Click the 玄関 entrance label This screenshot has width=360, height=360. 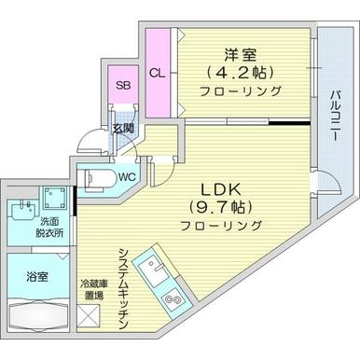click(122, 130)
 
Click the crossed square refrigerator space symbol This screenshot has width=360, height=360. click(93, 317)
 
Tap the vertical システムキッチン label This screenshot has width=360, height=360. click(122, 279)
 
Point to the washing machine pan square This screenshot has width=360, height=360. click(54, 199)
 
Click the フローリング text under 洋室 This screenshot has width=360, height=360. click(240, 91)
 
